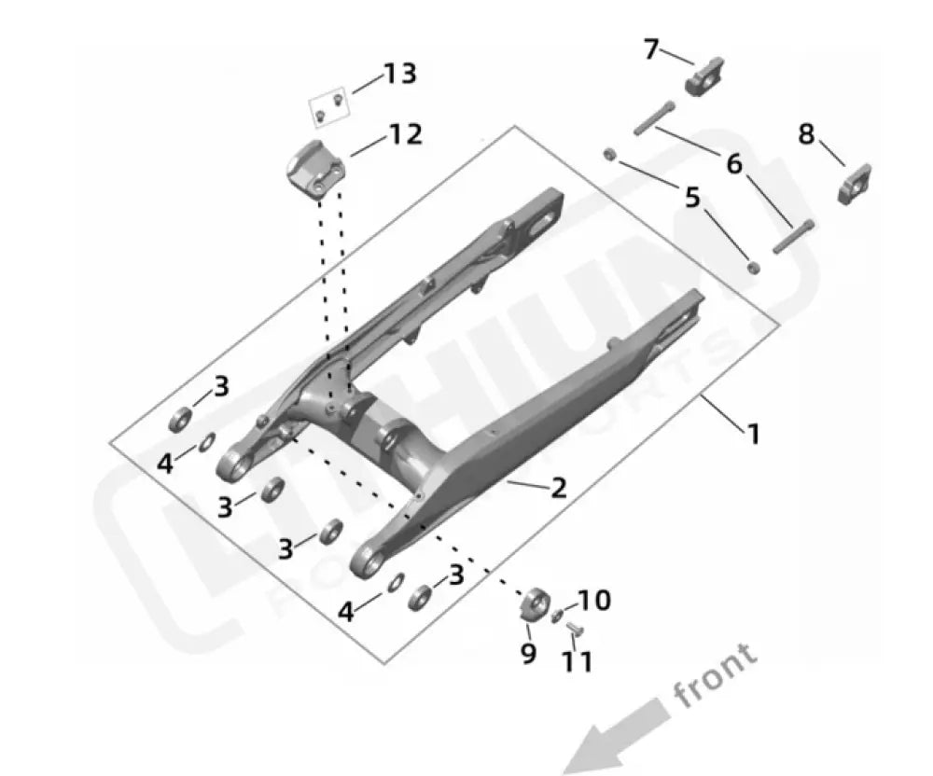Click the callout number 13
point(400,74)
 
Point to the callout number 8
point(806,135)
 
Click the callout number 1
point(753,434)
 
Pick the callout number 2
point(557,488)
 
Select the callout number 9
point(528,654)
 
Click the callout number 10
point(595,600)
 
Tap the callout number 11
point(578,661)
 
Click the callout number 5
point(691,199)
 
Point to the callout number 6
point(734,165)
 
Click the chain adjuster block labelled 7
point(705,76)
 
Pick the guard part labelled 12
point(316,166)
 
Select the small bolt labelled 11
point(575,631)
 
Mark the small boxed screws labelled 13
point(328,107)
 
